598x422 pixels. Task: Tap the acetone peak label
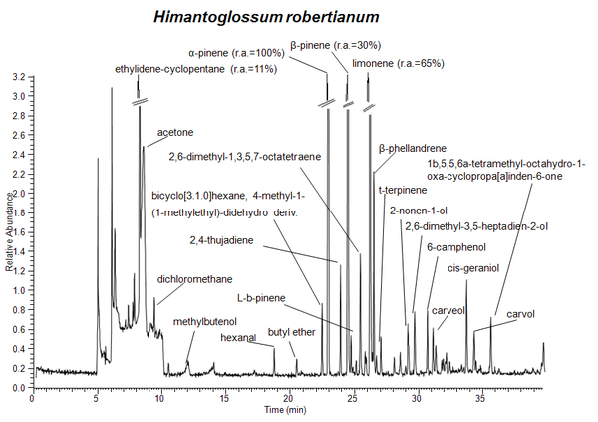coord(175,132)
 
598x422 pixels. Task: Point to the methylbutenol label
coord(205,322)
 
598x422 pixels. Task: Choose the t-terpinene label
coord(396,190)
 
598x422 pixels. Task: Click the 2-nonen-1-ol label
coord(418,210)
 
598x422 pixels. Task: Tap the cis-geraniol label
coord(472,268)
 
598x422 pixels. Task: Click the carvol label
coord(521,314)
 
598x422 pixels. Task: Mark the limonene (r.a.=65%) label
coord(398,63)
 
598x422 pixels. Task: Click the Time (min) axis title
coord(288,410)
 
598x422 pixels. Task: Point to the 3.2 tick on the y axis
coord(18,77)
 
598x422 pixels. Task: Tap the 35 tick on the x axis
coord(480,397)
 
